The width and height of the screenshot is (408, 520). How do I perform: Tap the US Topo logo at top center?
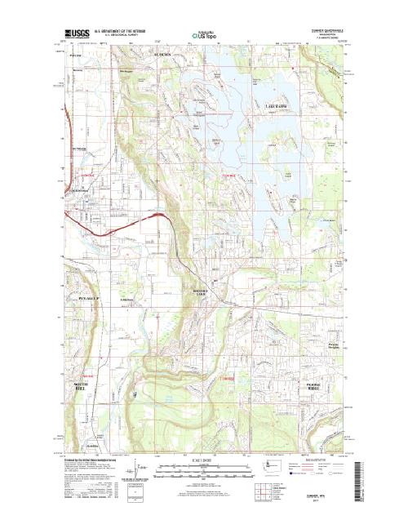click(203, 36)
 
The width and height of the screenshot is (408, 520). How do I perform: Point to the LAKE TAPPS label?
click(277, 106)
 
